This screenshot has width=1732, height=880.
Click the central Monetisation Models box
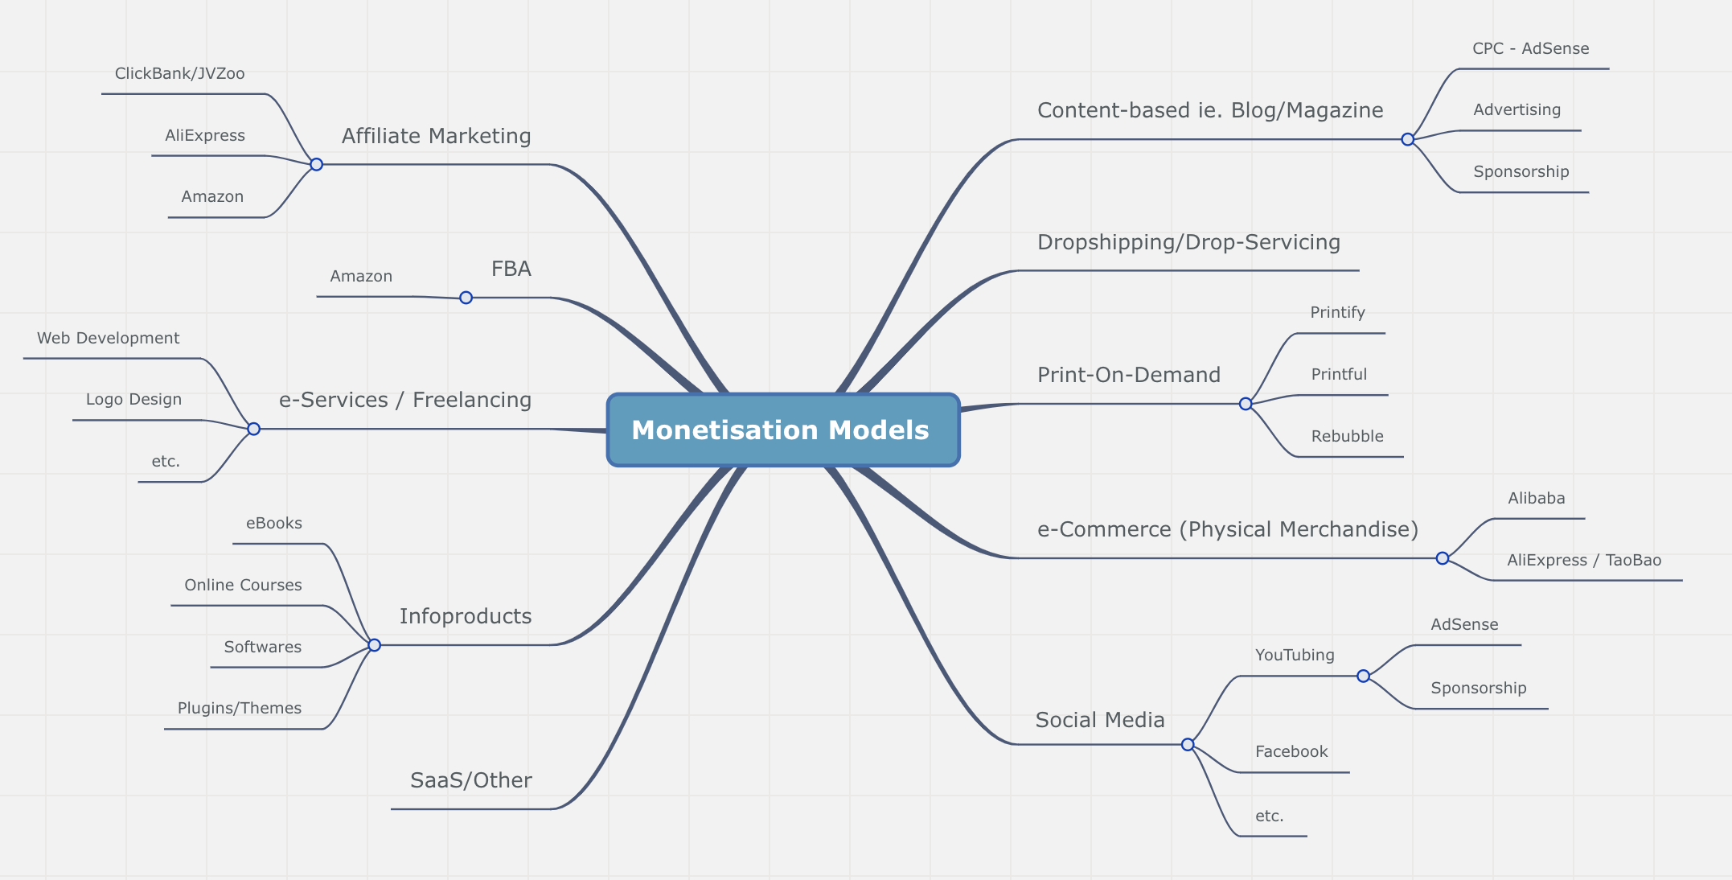pos(782,430)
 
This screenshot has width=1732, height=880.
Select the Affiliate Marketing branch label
pos(436,136)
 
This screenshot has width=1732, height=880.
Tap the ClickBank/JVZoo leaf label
pos(179,74)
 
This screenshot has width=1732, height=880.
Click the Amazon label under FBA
pos(361,277)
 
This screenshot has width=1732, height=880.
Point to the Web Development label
pos(109,339)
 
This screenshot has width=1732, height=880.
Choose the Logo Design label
pos(133,400)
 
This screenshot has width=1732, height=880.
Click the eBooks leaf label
pos(274,524)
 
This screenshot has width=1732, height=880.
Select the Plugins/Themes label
pos(240,709)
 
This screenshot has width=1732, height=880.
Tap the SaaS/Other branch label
pos(471,780)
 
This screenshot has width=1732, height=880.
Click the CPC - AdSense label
pos(1530,49)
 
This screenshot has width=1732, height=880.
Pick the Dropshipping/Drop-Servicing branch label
pos(1188,242)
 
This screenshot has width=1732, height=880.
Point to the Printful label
pos(1339,375)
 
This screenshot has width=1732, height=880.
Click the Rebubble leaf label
pos(1347,437)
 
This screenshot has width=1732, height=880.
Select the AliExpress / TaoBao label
pos(1583,561)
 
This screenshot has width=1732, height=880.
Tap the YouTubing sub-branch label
pos(1295,656)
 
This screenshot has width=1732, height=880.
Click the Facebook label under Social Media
pos(1291,752)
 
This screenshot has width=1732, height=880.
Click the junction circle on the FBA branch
pos(466,298)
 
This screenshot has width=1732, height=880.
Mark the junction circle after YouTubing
pos(1363,676)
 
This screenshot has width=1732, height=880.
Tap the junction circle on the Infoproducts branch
pos(374,645)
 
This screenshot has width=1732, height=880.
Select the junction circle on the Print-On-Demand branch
pos(1246,404)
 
